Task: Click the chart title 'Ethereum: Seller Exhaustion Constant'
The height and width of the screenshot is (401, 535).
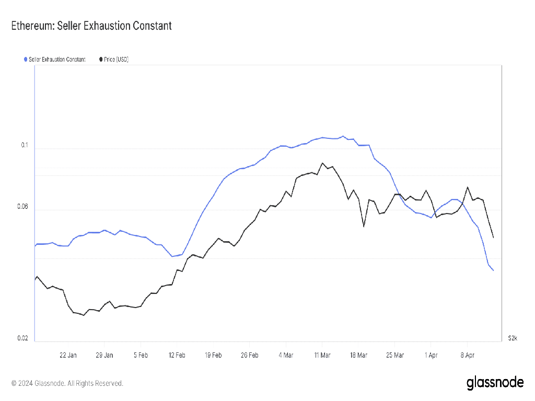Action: click(x=91, y=26)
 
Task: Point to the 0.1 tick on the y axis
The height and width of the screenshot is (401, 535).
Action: click(x=24, y=145)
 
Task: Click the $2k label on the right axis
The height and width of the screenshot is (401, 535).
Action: click(x=513, y=338)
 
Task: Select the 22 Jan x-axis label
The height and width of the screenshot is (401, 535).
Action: click(x=68, y=355)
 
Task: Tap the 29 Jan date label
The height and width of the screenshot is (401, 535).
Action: click(x=104, y=355)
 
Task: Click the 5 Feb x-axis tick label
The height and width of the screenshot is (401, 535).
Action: click(x=141, y=355)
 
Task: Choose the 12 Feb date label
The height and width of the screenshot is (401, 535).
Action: click(x=177, y=355)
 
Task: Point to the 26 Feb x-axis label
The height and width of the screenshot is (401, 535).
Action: click(x=250, y=355)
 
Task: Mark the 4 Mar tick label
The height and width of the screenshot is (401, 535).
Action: click(x=286, y=355)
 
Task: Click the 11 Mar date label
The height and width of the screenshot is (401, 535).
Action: click(x=322, y=355)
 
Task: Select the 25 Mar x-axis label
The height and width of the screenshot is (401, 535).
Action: click(x=394, y=355)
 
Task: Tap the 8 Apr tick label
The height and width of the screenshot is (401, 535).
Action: click(x=467, y=355)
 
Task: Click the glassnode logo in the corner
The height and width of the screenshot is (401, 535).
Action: click(x=495, y=383)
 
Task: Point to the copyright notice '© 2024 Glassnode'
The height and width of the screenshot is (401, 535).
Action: click(x=67, y=383)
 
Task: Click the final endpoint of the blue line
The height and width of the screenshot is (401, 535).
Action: click(x=493, y=270)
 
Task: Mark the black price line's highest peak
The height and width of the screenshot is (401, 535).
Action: click(x=322, y=163)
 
